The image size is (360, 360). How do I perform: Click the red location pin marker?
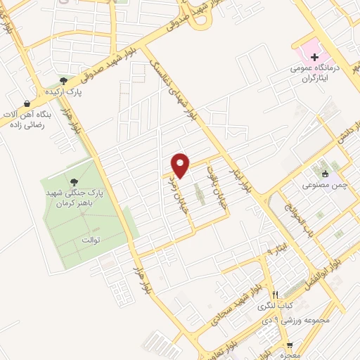(181, 165)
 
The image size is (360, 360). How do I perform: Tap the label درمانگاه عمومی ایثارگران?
(316, 74)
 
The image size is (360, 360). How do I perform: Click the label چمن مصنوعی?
(324, 186)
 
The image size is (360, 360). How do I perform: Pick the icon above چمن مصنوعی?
(324, 174)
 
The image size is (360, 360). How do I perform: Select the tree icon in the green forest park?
(72, 182)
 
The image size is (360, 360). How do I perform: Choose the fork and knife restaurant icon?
(275, 295)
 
